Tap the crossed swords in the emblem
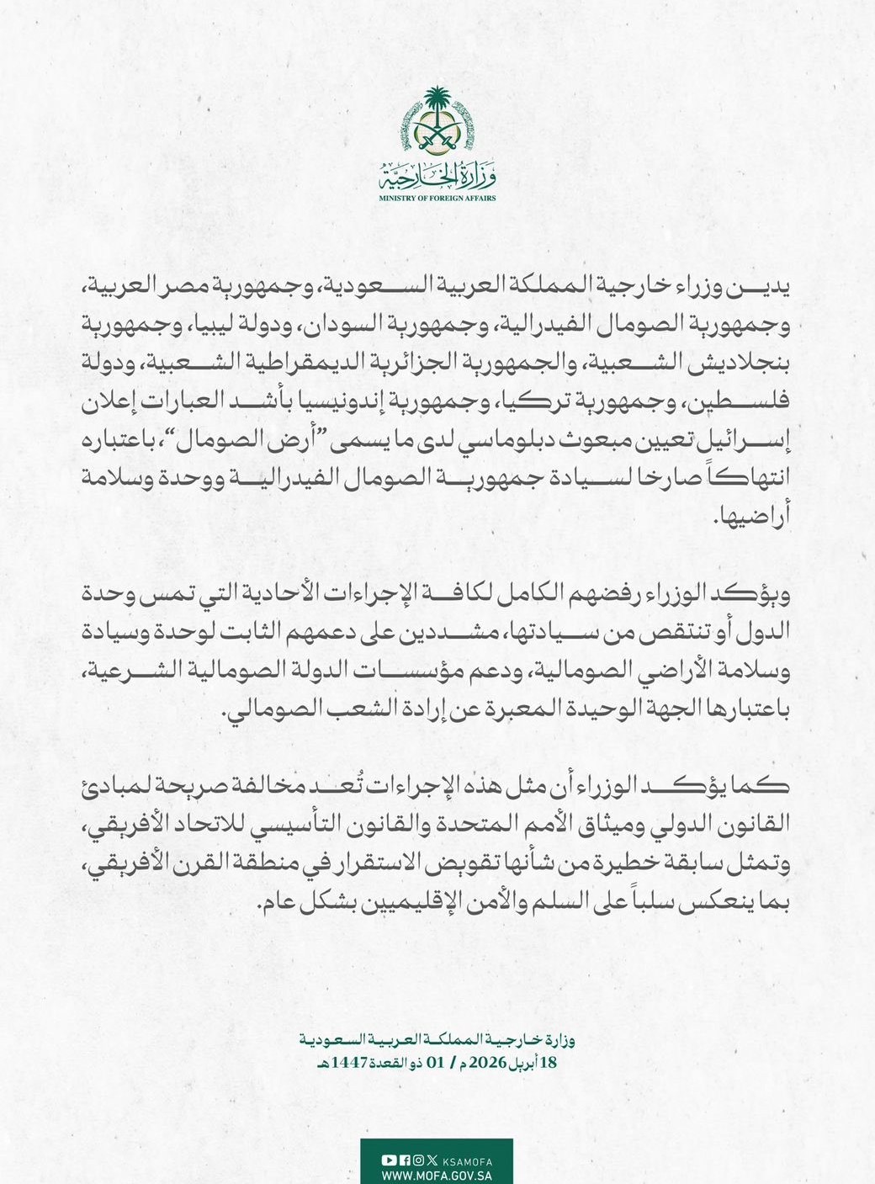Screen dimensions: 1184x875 point(437,135)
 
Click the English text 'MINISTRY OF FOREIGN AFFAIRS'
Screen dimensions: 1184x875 point(437,199)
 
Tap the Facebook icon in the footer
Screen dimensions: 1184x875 point(405,1160)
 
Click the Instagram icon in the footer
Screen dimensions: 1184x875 point(418,1160)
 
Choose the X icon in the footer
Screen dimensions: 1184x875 point(432,1160)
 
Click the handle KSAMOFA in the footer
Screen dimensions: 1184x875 point(468,1160)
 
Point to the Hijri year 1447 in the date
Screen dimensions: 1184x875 point(350,1062)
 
